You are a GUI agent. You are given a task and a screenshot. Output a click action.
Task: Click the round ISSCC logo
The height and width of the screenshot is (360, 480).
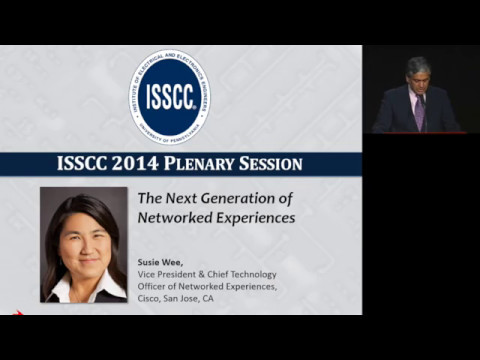170,97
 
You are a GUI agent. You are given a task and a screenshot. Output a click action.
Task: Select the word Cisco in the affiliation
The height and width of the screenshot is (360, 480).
151,298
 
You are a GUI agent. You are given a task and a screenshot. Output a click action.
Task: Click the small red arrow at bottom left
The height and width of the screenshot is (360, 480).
17,312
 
